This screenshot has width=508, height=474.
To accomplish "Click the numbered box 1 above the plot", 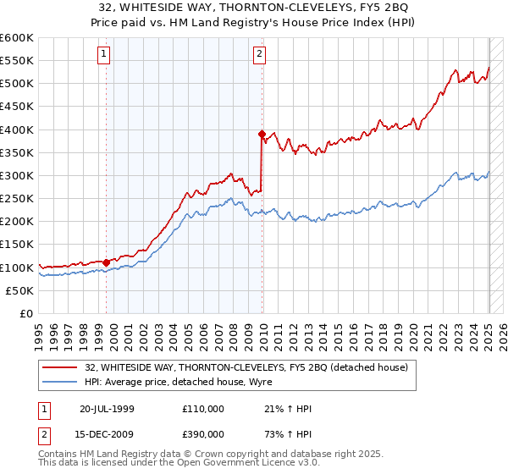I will click(x=103, y=55).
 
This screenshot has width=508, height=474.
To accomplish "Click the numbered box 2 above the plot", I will click(x=258, y=55).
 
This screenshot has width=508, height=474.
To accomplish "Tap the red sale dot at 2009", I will click(x=262, y=134).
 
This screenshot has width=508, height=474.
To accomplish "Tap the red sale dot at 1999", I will click(x=106, y=262).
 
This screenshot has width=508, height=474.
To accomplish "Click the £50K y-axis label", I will click(x=19, y=290).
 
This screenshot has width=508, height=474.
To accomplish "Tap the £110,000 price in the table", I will click(x=203, y=409).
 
